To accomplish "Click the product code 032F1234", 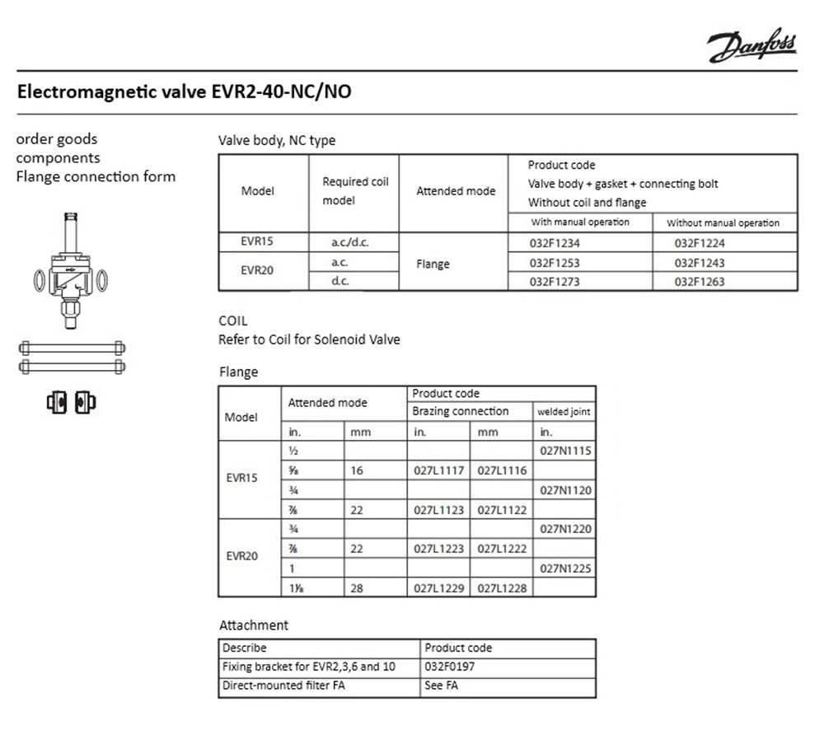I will [556, 243].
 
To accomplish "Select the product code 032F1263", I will [700, 282].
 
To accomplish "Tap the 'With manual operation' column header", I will [580, 222].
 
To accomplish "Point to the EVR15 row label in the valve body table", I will [256, 243].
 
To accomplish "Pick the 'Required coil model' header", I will [355, 191].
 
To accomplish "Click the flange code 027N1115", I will [565, 452].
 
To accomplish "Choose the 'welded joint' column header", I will [564, 411].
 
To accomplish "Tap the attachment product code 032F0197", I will [450, 667].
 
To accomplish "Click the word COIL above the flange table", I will [233, 321].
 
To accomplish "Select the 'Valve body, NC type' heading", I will [277, 140].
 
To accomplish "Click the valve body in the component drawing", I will [71, 276].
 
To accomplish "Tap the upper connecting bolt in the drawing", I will [72, 347].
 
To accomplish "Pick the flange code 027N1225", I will [565, 569].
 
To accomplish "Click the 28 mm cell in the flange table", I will [357, 588].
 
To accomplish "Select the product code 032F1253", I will [556, 263].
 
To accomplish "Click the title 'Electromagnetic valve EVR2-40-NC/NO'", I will [185, 91].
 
